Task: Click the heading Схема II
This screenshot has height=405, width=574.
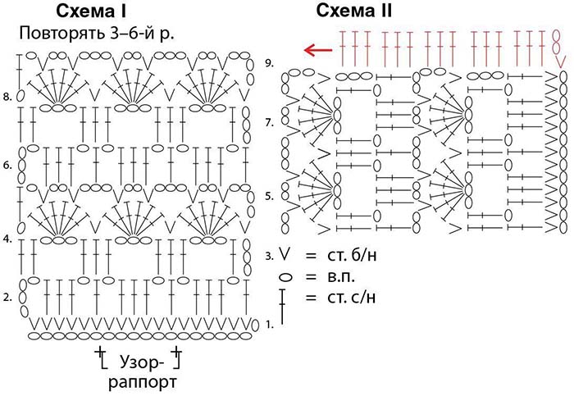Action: [x=354, y=11]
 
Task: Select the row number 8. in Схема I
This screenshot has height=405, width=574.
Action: [x=7, y=97]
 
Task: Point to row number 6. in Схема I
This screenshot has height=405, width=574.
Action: [x=7, y=165]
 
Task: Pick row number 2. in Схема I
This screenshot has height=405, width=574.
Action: [x=7, y=298]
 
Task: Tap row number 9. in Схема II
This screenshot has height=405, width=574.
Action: [x=269, y=63]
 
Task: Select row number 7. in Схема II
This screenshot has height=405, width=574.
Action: [x=269, y=122]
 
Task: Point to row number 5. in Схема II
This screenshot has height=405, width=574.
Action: [x=269, y=196]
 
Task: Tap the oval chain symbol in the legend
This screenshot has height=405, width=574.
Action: [x=285, y=277]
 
